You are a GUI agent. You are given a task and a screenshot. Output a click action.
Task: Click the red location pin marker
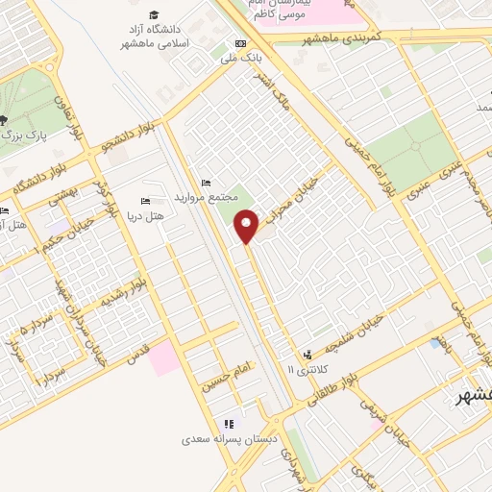tap(248, 226)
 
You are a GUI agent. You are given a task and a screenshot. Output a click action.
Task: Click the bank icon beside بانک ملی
tap(239, 44)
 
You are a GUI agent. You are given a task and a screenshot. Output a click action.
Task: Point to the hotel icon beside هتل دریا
tap(145, 201)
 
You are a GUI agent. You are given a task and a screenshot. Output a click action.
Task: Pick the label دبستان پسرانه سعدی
tap(231, 440)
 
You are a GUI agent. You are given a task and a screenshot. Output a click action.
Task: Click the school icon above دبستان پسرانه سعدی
tap(229, 424)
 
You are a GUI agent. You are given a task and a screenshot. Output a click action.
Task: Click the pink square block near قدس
tap(163, 357)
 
